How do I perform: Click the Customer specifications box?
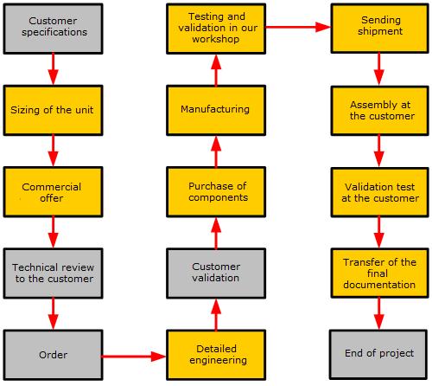(x=53, y=29)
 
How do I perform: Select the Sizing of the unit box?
(x=53, y=110)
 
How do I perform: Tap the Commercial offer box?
(x=53, y=192)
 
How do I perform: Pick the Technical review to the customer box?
(x=53, y=273)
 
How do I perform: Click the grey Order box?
(x=53, y=355)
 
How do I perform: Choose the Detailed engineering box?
(x=216, y=355)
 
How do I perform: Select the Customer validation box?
(x=216, y=273)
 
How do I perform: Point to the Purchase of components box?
(x=216, y=192)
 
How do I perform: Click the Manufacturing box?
(x=216, y=110)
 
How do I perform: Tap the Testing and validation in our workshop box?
(x=216, y=29)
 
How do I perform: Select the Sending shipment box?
(x=380, y=29)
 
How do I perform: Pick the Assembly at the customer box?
(x=380, y=111)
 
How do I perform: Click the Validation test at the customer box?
(x=380, y=192)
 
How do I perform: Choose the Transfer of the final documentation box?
(x=380, y=273)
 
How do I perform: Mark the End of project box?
(x=378, y=354)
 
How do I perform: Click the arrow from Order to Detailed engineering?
(x=134, y=357)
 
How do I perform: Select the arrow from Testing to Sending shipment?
(x=298, y=28)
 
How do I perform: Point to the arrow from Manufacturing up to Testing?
(x=216, y=70)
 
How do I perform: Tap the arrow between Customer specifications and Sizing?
(x=53, y=69)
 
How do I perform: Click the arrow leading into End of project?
(x=378, y=313)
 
